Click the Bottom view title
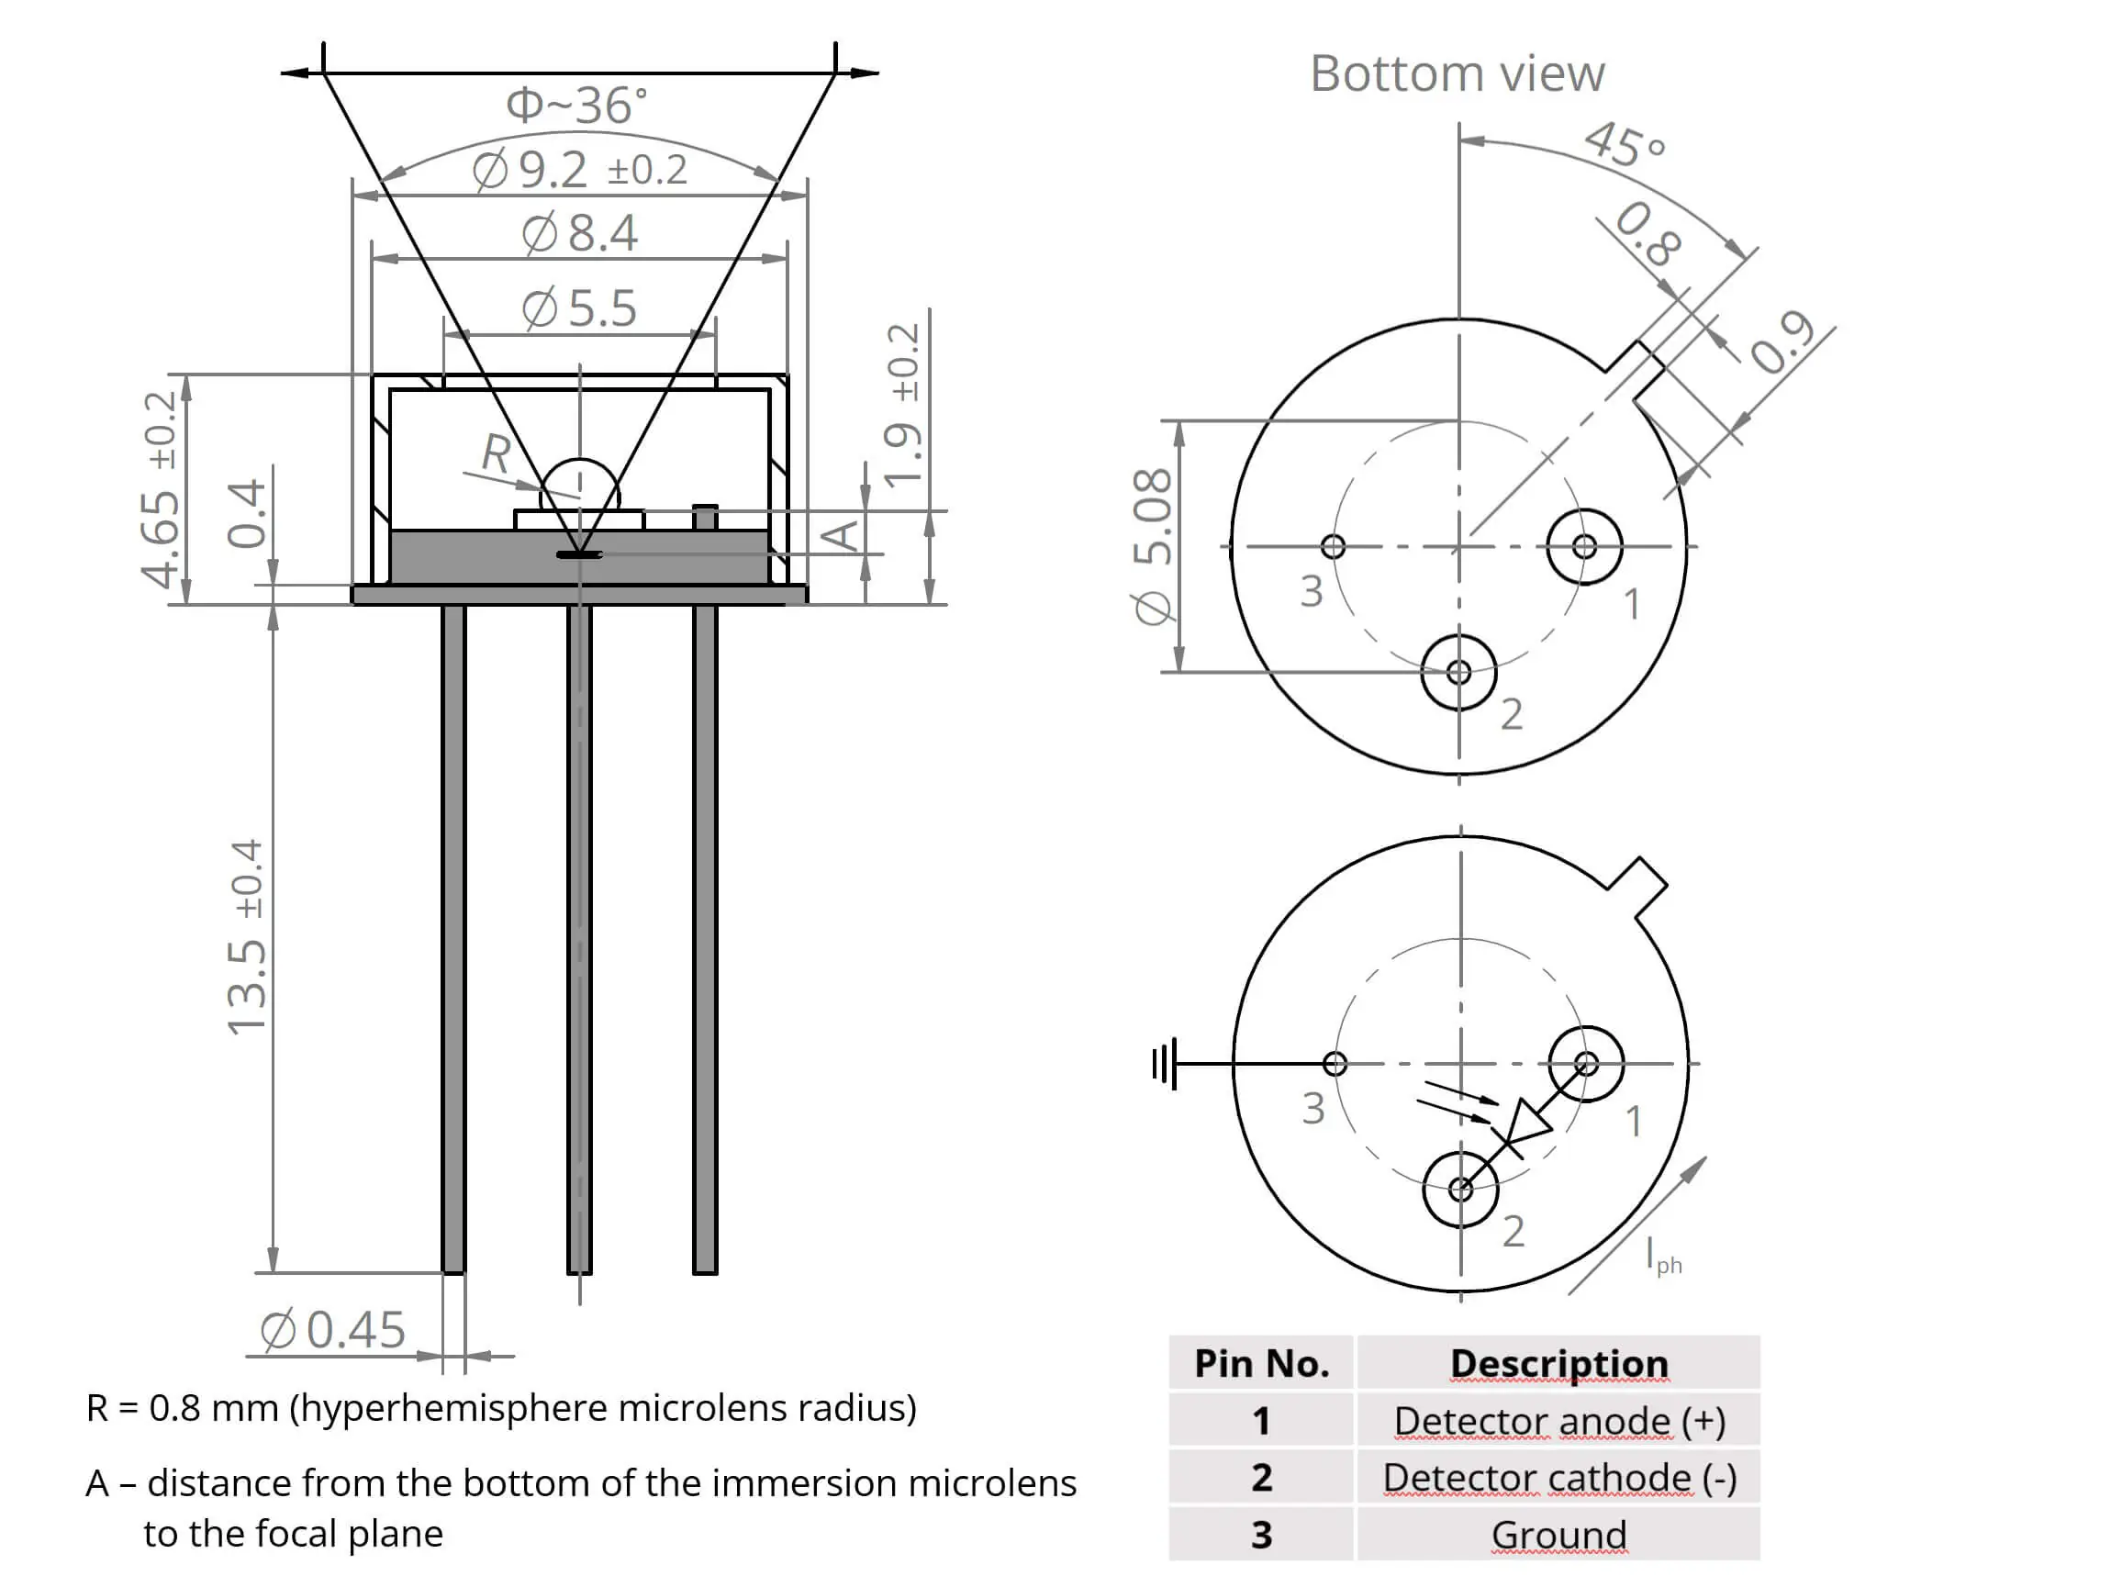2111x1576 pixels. click(x=1457, y=74)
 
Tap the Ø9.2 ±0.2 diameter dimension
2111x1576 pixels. click(x=579, y=171)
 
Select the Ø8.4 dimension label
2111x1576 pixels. click(x=579, y=233)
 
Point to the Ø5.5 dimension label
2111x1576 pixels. click(x=579, y=308)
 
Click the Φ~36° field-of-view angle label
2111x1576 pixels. click(x=576, y=105)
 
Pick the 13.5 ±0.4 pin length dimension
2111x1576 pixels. click(x=246, y=937)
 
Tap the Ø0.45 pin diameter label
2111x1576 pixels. click(x=333, y=1329)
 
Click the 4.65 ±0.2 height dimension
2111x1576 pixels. click(x=160, y=489)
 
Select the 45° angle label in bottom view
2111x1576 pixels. click(x=1625, y=144)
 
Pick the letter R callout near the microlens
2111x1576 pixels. click(x=496, y=453)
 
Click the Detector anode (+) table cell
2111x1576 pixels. click(x=1558, y=1421)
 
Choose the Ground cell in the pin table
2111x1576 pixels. click(x=1558, y=1535)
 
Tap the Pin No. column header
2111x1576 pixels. click(x=1261, y=1363)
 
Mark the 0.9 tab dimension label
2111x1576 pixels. click(x=1782, y=341)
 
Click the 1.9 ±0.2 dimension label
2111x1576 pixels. click(x=902, y=406)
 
